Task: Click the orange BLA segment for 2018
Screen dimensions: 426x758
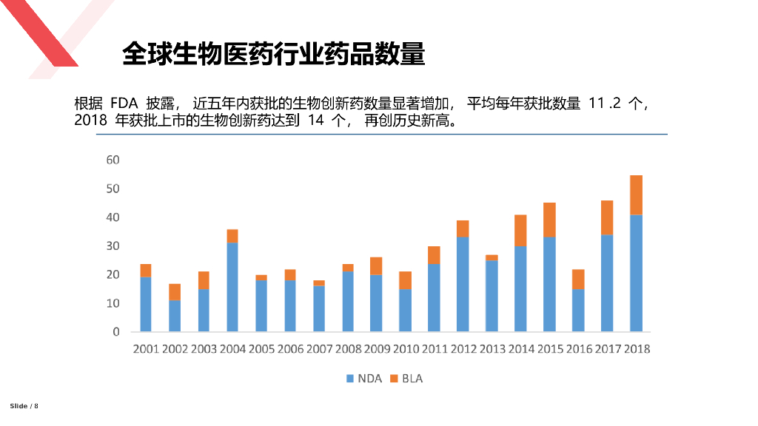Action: (635, 195)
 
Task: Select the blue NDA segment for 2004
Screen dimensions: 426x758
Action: (232, 287)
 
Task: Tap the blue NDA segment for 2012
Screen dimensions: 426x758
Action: (463, 284)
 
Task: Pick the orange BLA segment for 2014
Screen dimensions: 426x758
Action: (520, 231)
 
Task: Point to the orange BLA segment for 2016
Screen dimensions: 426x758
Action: (578, 280)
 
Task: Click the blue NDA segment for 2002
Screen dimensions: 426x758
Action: (175, 316)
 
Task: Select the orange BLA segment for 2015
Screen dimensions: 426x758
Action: (549, 220)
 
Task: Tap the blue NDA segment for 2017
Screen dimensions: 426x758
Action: (607, 283)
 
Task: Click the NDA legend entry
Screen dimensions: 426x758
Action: (363, 378)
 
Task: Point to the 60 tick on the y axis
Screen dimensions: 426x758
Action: (113, 160)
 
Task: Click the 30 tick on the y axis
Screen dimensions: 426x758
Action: (113, 246)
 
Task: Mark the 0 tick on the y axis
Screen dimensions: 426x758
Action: (116, 332)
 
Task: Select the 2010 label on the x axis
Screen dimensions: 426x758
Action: (405, 349)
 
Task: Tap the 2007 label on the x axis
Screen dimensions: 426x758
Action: (319, 349)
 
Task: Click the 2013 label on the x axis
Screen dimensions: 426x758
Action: (492, 349)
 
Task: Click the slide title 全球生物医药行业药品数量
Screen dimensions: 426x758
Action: (273, 54)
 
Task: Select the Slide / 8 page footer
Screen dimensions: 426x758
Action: (24, 406)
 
